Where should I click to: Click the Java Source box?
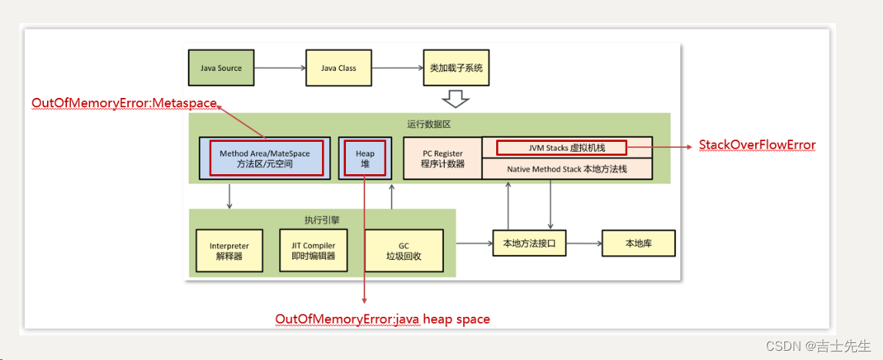pyautogui.click(x=221, y=68)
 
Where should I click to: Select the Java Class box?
pyautogui.click(x=338, y=68)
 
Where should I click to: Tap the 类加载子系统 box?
pyautogui.click(x=455, y=68)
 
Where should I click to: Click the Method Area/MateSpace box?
pyautogui.click(x=264, y=158)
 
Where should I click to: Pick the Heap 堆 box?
pyautogui.click(x=364, y=158)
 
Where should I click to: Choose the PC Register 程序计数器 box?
pyautogui.click(x=442, y=158)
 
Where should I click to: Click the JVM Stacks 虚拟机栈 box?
pyautogui.click(x=562, y=146)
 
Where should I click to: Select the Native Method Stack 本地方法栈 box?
pyautogui.click(x=566, y=168)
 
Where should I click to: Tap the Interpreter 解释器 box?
pyautogui.click(x=229, y=251)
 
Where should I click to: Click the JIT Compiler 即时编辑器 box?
pyautogui.click(x=313, y=251)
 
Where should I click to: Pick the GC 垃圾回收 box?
pyautogui.click(x=404, y=251)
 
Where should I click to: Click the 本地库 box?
pyautogui.click(x=638, y=244)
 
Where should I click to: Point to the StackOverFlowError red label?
pyautogui.click(x=757, y=145)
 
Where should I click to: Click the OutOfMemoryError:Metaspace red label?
pyautogui.click(x=124, y=103)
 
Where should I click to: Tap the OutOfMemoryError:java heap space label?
pyautogui.click(x=382, y=319)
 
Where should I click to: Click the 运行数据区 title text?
pyautogui.click(x=428, y=124)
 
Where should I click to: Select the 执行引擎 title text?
pyautogui.click(x=322, y=220)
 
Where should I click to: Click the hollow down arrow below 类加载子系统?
pyautogui.click(x=455, y=99)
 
